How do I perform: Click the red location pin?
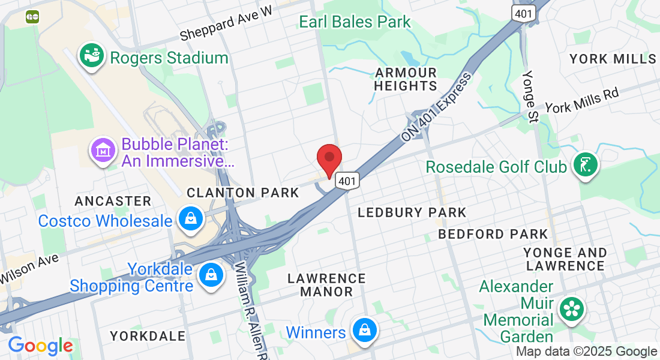tap(329, 158)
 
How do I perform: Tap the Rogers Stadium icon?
tap(92, 56)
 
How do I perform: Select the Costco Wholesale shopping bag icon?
tap(190, 220)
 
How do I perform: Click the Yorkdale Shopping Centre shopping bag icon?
tap(211, 275)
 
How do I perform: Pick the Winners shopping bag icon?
tap(364, 331)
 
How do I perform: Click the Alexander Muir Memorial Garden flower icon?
tap(571, 310)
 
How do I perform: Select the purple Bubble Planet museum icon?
tap(103, 149)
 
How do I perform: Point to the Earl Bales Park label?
tap(355, 22)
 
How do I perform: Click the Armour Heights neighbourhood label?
tap(406, 79)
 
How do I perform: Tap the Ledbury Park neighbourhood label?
tap(412, 212)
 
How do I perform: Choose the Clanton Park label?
tap(242, 193)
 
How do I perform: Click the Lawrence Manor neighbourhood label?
tap(326, 285)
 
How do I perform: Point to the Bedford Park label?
tap(493, 234)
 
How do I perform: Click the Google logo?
tap(40, 346)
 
